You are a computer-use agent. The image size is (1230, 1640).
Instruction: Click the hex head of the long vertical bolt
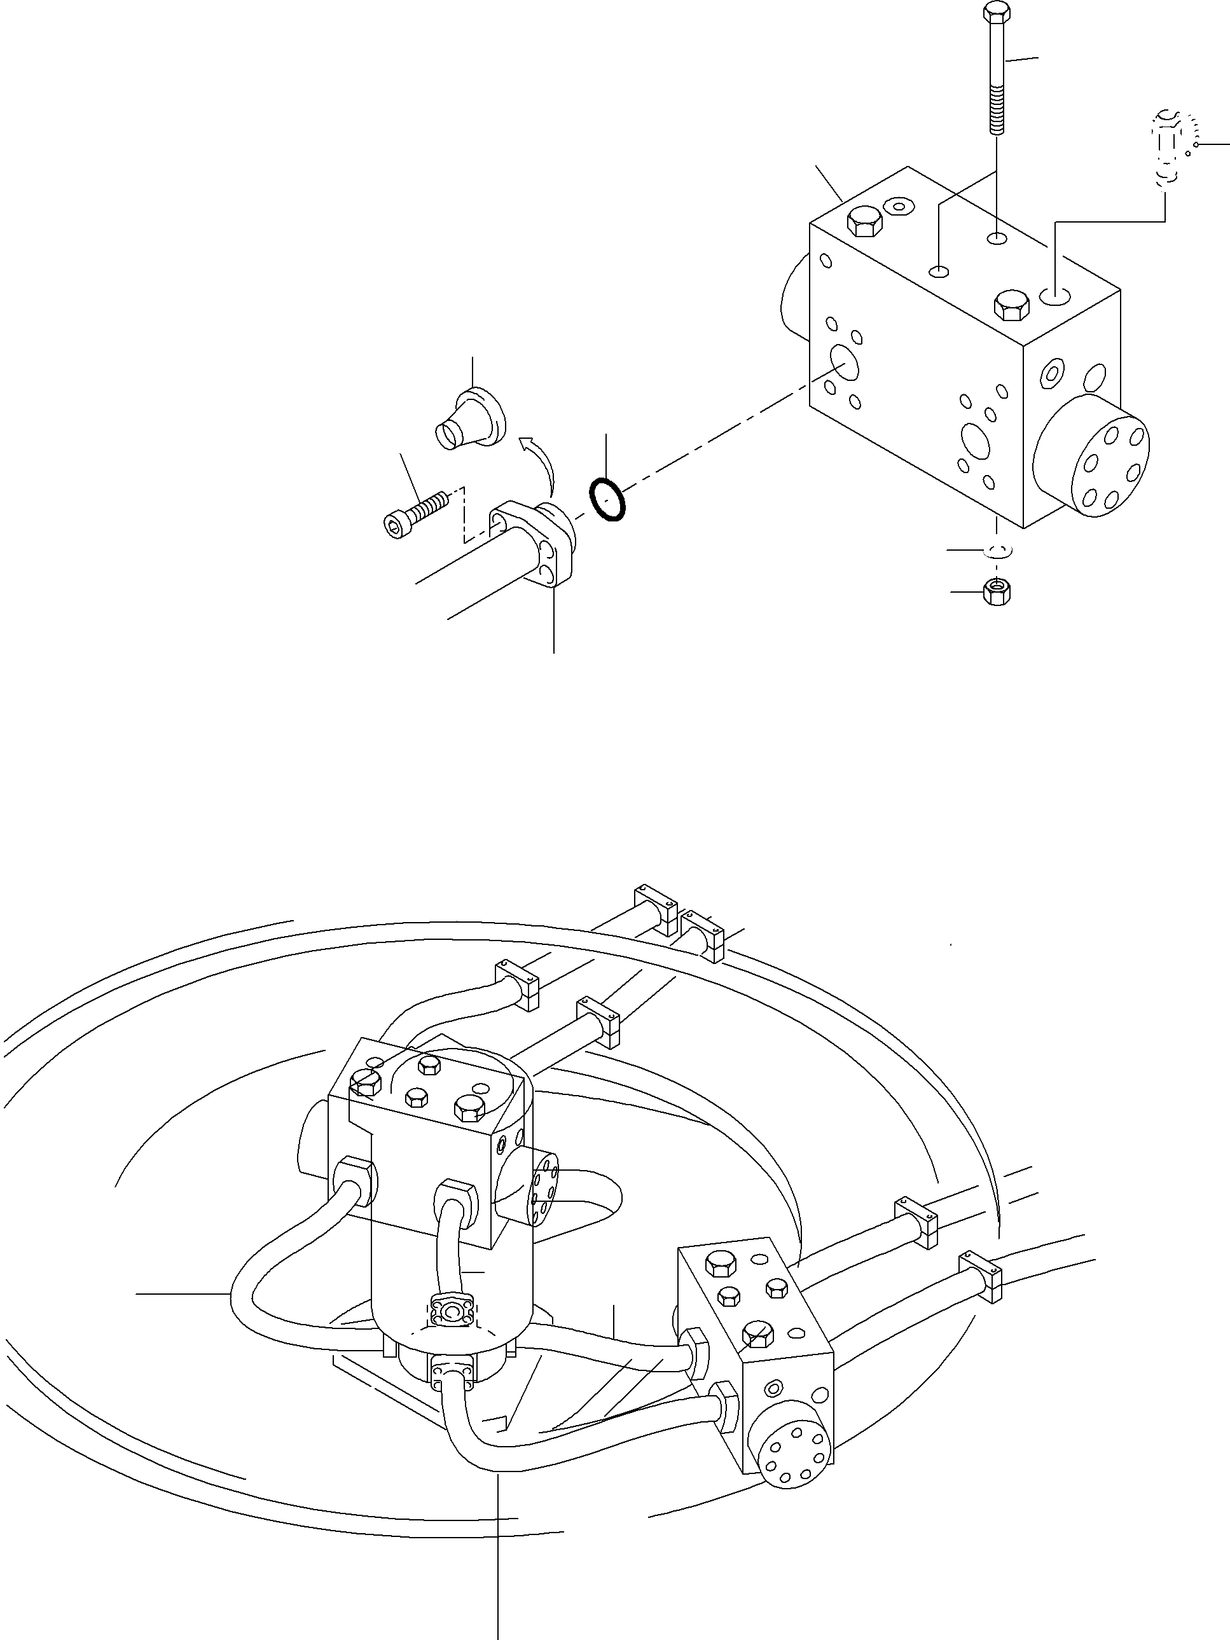click(996, 13)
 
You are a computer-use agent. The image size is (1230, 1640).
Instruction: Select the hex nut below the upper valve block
click(997, 591)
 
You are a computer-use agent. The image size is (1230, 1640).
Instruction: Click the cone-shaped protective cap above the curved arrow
click(469, 423)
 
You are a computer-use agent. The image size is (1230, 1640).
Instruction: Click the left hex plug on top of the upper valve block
click(864, 220)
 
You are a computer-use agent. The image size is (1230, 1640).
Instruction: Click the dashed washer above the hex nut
click(997, 551)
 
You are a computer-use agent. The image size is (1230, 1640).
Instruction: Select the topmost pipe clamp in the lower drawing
click(656, 906)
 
